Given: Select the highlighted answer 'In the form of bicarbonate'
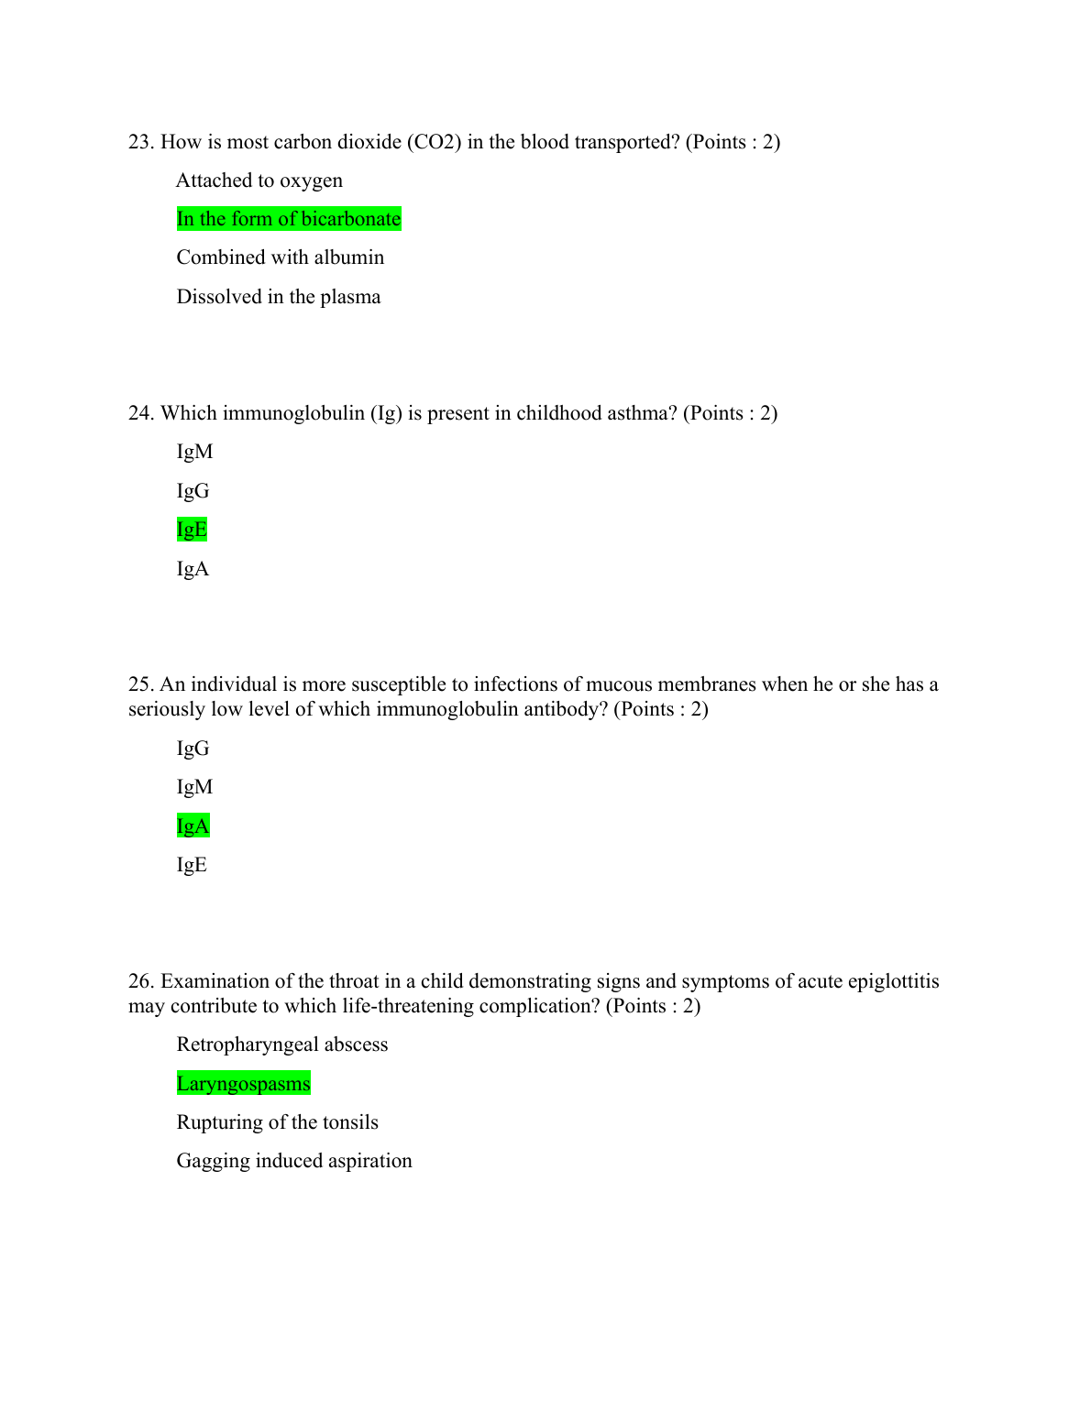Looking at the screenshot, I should (289, 219).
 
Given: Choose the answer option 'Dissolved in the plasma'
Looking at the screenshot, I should (278, 297).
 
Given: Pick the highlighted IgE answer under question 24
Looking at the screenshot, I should (192, 530).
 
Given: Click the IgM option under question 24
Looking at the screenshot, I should (194, 452).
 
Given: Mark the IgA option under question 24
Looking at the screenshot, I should (193, 569).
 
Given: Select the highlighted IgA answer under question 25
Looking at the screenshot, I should (193, 826).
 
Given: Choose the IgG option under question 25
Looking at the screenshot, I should (193, 749).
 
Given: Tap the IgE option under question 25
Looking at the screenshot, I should (192, 865).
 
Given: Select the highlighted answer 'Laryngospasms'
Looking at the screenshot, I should (243, 1084).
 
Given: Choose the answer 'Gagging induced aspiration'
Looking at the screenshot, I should (294, 1161).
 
